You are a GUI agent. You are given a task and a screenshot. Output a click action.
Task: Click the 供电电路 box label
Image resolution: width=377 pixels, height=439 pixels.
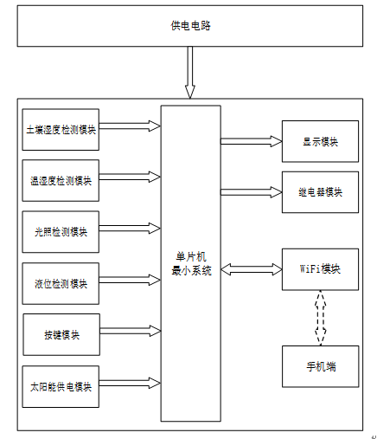pyautogui.click(x=190, y=26)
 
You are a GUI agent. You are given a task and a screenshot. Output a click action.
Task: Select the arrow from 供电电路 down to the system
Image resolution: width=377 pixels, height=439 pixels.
pyautogui.click(x=190, y=73)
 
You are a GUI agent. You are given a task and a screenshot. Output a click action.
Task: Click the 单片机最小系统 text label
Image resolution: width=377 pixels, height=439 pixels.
pyautogui.click(x=191, y=264)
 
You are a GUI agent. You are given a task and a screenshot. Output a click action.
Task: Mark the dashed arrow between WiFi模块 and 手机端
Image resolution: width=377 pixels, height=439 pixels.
pyautogui.click(x=320, y=318)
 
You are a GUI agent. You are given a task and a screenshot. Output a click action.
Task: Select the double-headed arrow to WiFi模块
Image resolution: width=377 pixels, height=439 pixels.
pyautogui.click(x=252, y=269)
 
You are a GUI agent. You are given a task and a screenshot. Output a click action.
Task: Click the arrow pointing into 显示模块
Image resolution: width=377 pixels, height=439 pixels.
pyautogui.click(x=252, y=141)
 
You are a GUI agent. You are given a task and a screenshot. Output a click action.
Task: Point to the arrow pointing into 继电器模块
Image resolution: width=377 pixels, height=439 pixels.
pyautogui.click(x=252, y=192)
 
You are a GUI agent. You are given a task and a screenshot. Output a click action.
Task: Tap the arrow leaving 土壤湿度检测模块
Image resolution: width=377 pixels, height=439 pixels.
pyautogui.click(x=130, y=126)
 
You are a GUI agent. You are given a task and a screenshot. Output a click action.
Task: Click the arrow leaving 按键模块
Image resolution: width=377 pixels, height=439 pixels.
pyautogui.click(x=131, y=331)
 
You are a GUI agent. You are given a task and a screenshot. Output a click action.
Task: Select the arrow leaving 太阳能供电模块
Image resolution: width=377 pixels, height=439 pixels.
pyautogui.click(x=130, y=383)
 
